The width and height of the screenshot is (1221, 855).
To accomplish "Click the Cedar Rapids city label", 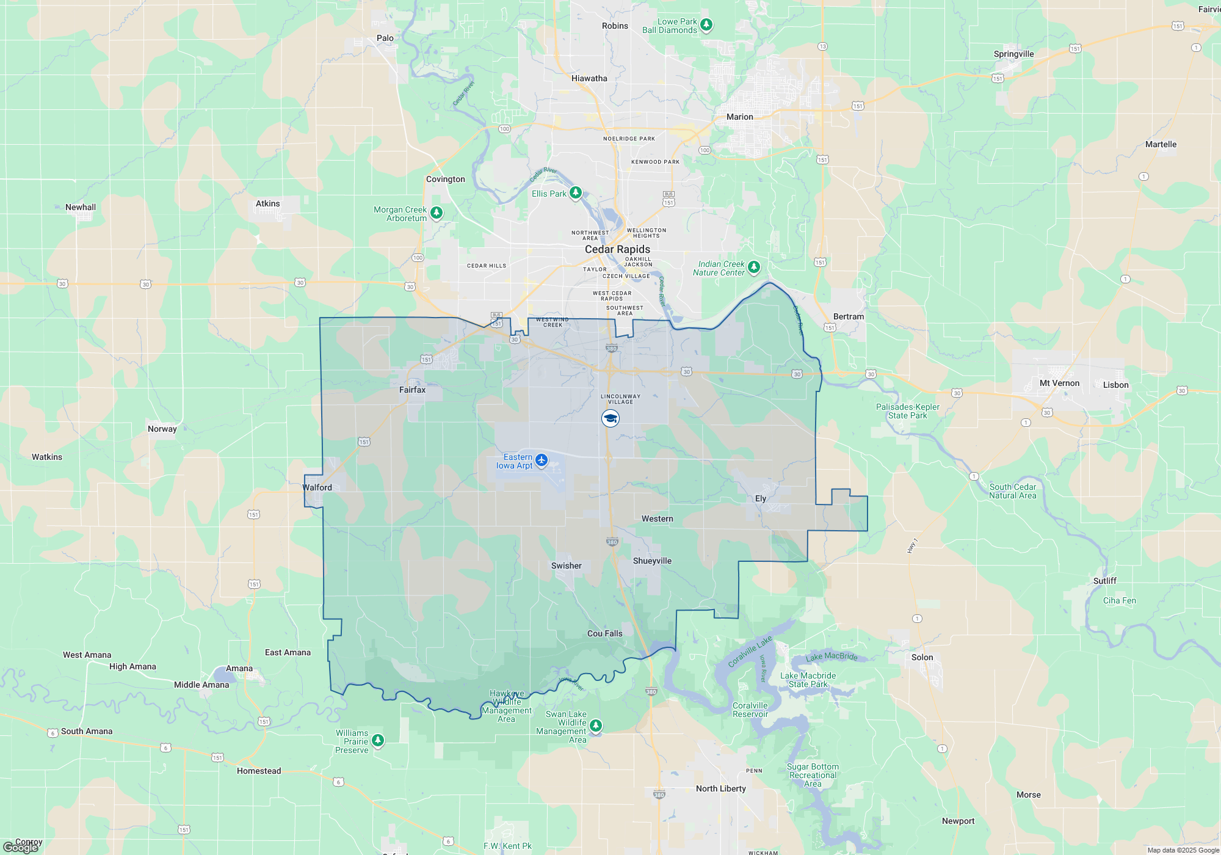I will pyautogui.click(x=617, y=249).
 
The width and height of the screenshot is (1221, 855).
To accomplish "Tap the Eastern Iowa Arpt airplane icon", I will pyautogui.click(x=542, y=460).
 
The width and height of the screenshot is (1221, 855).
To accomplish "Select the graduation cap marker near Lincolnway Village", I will pyautogui.click(x=610, y=418).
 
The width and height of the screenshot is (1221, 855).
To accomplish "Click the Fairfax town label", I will pyautogui.click(x=412, y=390).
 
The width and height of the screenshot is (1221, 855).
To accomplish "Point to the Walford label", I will pyautogui.click(x=317, y=487).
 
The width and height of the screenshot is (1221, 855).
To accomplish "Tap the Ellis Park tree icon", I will pyautogui.click(x=576, y=193).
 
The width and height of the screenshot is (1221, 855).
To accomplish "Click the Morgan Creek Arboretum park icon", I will pyautogui.click(x=437, y=213).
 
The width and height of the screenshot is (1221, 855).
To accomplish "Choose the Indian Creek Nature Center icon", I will pyautogui.click(x=754, y=267).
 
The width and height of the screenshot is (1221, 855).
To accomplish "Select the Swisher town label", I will pyautogui.click(x=566, y=566).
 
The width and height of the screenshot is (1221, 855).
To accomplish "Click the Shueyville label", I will pyautogui.click(x=652, y=561).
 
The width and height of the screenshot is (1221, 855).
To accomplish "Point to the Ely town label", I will pyautogui.click(x=760, y=498).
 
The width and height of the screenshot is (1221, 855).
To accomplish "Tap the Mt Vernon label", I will pyautogui.click(x=1059, y=384).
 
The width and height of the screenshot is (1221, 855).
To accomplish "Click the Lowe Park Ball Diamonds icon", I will pyautogui.click(x=706, y=24).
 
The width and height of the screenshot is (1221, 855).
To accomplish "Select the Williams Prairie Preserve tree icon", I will pyautogui.click(x=378, y=740).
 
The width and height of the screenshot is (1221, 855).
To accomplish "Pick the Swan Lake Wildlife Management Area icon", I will pyautogui.click(x=596, y=725).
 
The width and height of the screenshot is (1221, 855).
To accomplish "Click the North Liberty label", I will pyautogui.click(x=720, y=788).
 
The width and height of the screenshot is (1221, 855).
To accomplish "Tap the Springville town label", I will pyautogui.click(x=1013, y=54).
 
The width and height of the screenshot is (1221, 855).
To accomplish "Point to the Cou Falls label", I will pyautogui.click(x=604, y=633).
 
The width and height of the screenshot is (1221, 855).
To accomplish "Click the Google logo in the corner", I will pyautogui.click(x=20, y=848).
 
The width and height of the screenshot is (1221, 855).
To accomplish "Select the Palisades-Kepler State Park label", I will pyautogui.click(x=907, y=411).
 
